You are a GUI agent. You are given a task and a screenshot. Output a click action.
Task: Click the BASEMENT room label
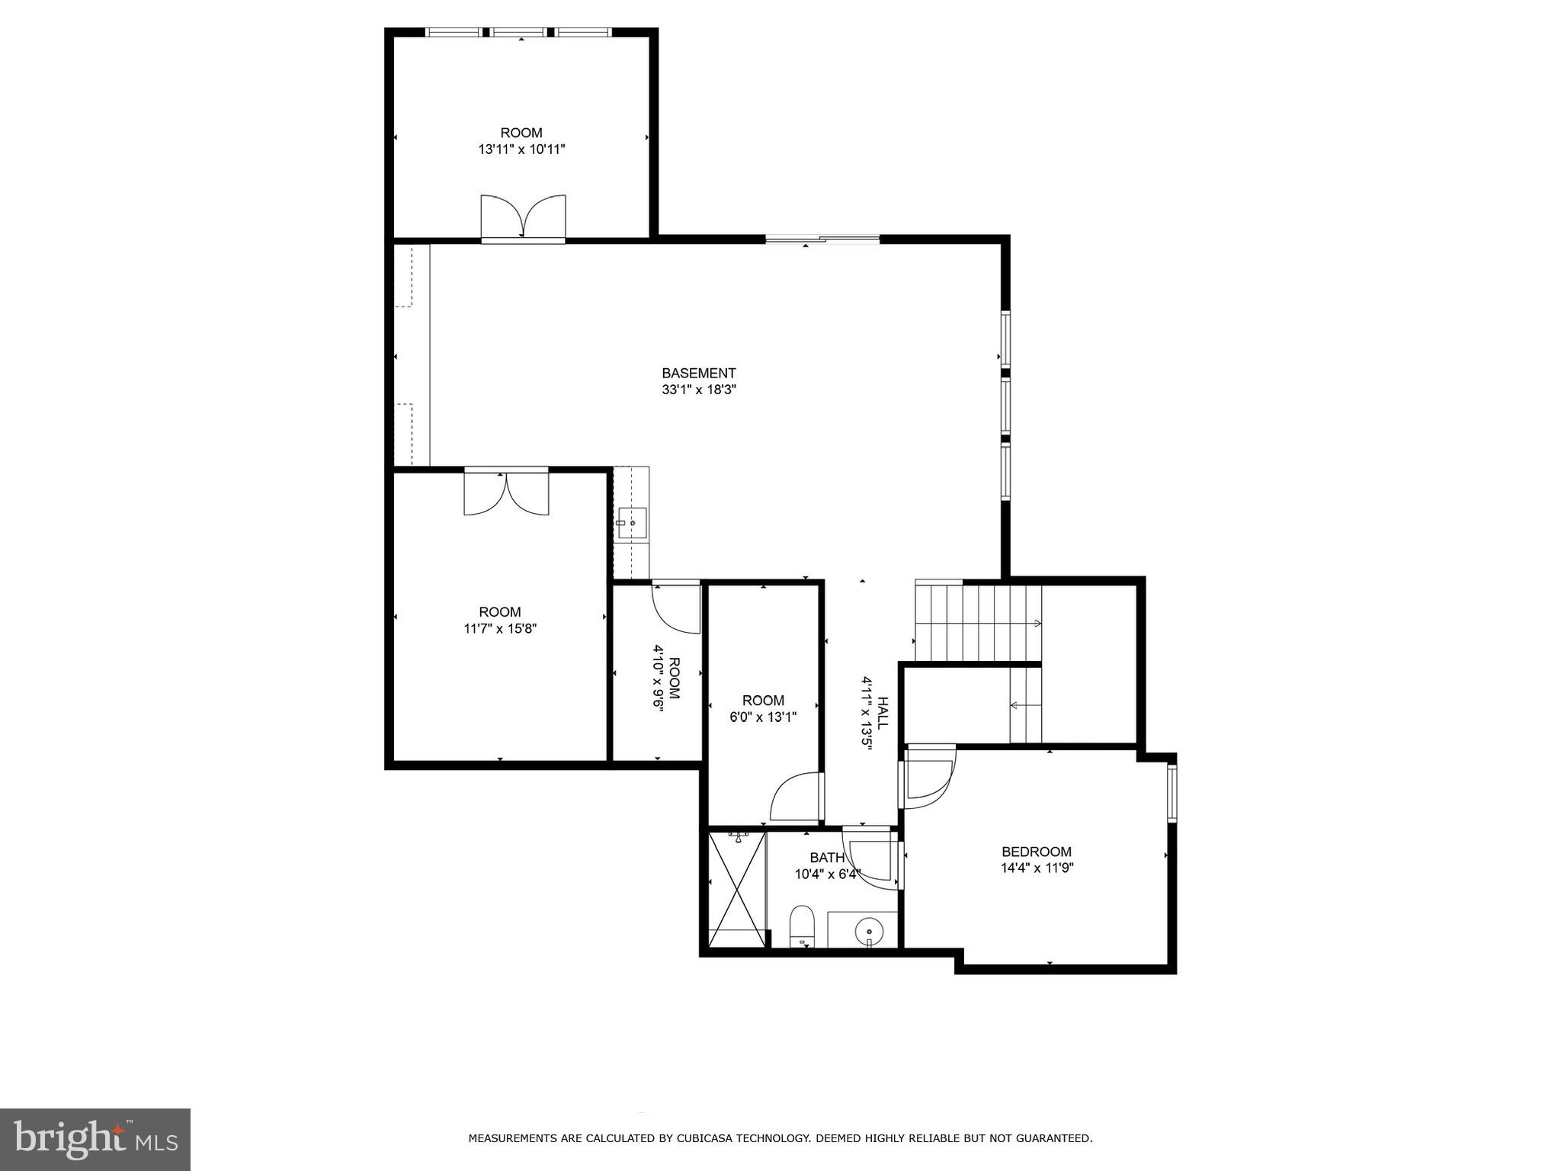698,373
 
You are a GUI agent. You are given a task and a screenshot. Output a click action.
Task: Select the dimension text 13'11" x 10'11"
521,149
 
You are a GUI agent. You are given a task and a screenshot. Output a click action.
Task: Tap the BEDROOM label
1036,852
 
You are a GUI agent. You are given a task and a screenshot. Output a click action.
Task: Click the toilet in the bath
802,926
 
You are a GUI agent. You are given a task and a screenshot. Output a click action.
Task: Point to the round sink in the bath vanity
869,931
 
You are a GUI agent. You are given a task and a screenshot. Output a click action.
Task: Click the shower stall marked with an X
736,890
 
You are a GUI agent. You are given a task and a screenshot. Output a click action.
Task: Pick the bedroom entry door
928,775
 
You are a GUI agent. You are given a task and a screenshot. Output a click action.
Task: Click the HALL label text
882,713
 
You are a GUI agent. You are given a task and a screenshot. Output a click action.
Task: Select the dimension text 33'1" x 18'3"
698,390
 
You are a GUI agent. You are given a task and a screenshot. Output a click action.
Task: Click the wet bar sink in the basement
631,523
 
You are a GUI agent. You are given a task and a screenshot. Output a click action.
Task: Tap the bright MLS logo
95,1140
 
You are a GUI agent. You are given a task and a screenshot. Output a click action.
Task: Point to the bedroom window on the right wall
1172,794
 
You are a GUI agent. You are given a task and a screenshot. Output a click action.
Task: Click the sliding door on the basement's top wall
822,239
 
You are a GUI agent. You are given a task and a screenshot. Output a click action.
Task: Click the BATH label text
826,858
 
